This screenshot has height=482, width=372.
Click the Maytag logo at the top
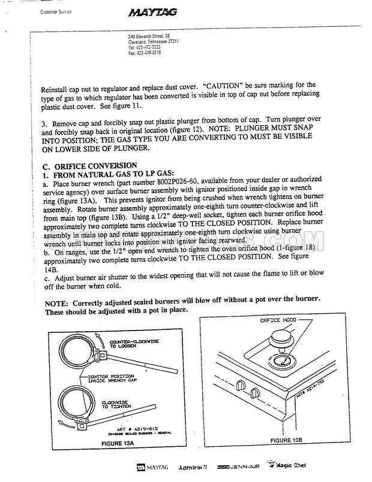152,13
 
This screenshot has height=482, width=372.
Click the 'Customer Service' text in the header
56,12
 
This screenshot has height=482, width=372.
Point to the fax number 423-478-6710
145,53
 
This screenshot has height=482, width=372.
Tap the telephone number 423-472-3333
144,47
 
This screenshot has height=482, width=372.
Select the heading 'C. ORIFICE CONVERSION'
89,166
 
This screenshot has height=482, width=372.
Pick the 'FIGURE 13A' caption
118,444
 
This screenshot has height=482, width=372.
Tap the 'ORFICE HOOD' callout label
278,320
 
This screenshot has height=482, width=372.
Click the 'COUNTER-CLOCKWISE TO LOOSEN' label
134,344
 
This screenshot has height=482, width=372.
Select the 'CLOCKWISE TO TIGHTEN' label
116,405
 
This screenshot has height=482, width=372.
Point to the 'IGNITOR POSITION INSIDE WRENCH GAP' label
112,378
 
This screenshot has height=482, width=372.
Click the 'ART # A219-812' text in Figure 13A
137,429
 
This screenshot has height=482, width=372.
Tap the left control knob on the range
241,385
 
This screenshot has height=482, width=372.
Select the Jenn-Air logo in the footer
238,466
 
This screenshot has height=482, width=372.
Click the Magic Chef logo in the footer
286,465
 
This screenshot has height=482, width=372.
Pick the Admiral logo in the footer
193,467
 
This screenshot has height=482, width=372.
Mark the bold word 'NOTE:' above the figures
56,304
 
